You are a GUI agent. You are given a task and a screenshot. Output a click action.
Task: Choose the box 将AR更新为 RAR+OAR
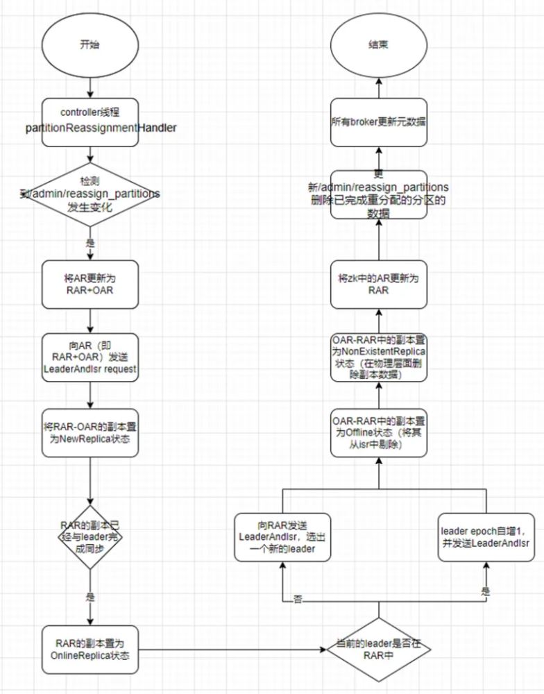tap(91, 283)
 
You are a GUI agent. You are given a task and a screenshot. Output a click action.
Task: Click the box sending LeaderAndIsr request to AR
tap(91, 358)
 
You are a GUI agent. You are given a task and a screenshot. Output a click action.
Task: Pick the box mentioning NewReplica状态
tap(91, 432)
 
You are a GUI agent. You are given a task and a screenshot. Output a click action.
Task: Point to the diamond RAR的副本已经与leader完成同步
tap(91, 537)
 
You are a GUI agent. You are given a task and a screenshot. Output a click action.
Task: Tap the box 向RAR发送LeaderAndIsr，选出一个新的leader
tap(282, 537)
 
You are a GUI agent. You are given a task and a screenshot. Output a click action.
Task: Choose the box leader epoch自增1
tap(484, 537)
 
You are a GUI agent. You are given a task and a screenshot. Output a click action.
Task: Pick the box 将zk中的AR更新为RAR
tap(378, 283)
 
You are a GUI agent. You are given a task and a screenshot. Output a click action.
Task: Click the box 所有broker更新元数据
tap(378, 122)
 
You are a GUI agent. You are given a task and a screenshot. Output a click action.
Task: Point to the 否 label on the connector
tap(298, 599)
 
